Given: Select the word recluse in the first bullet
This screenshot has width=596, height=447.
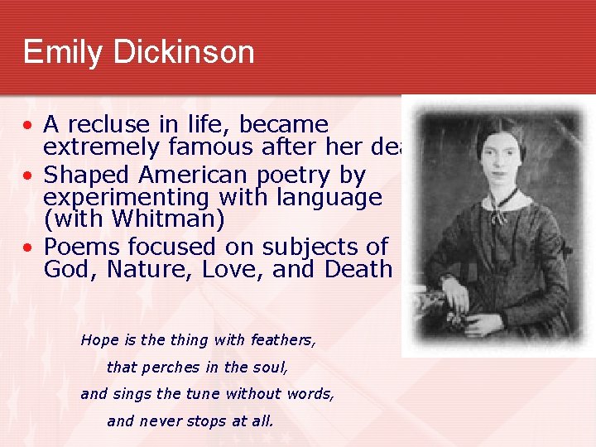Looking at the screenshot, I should click(104, 125).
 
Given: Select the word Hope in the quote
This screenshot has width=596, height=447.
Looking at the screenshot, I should click(99, 339).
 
